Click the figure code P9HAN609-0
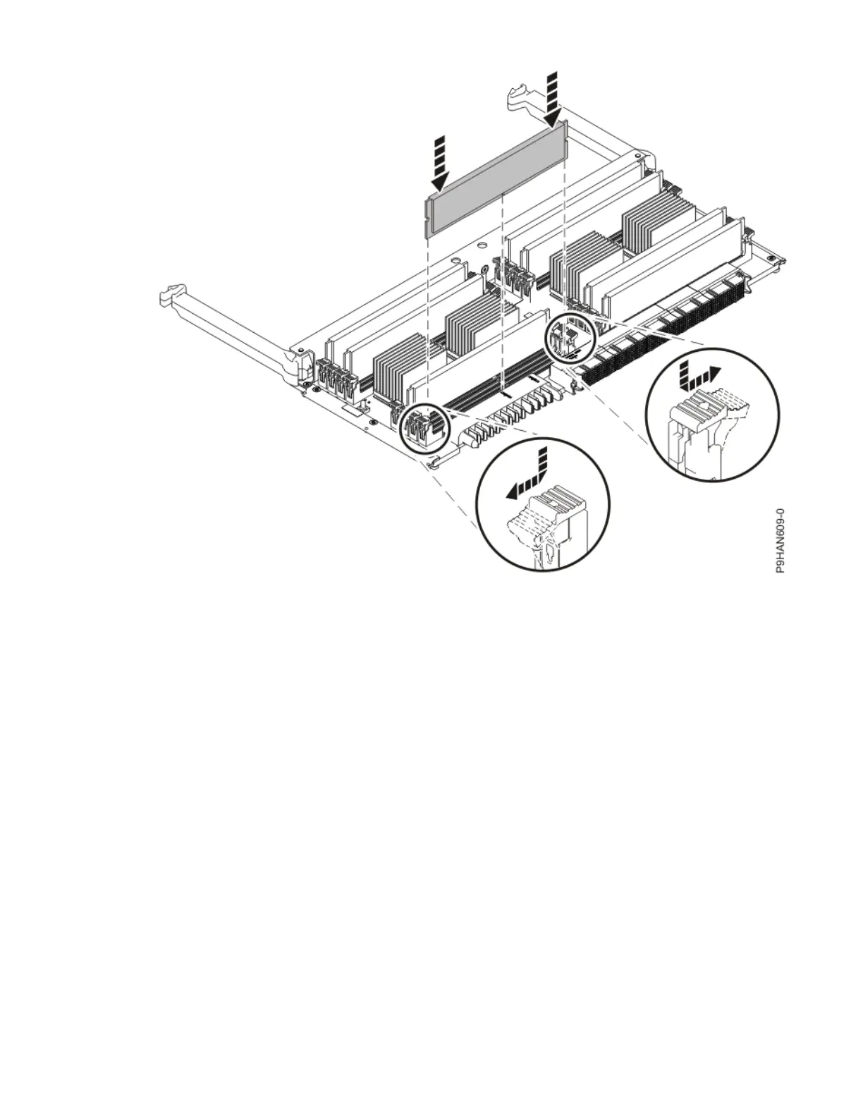(779, 540)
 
